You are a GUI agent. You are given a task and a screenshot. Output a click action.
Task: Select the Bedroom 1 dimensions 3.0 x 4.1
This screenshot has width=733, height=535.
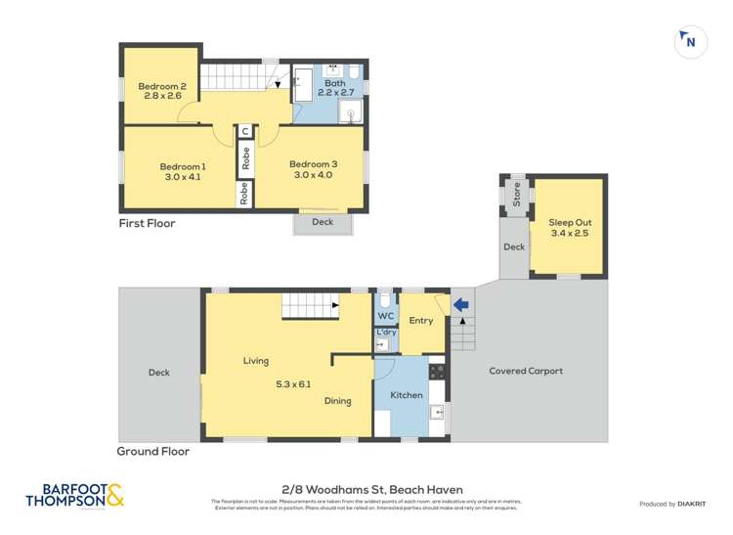183,177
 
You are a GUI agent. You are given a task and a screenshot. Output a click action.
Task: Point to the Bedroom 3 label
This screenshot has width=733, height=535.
313,163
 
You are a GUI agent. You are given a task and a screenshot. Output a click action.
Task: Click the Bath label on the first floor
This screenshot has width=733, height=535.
335,84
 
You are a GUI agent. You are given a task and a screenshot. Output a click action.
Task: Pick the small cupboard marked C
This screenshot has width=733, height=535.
245,131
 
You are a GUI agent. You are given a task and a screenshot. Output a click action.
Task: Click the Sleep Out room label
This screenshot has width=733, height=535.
570,223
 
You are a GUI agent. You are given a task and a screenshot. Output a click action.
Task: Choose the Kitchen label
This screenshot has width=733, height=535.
407,395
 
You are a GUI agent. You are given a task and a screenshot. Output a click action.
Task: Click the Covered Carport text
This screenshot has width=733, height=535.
526,371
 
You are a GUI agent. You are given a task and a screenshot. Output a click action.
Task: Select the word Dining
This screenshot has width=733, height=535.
337,401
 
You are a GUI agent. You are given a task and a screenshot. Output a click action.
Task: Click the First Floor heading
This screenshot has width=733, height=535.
147,223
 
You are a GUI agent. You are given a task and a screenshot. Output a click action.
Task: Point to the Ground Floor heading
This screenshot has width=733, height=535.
152,452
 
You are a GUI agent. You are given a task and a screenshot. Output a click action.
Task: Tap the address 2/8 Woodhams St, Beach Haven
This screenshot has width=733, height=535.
366,490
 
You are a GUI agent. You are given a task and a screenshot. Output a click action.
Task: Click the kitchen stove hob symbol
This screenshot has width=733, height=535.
437,372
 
